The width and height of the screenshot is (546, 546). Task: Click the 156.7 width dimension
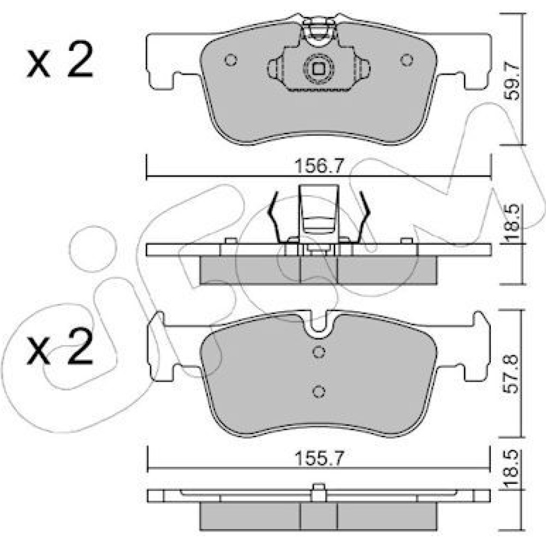[319, 166]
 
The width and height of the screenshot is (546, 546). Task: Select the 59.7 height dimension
[512, 81]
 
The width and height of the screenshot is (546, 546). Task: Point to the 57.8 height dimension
[512, 375]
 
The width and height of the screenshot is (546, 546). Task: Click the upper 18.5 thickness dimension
[512, 223]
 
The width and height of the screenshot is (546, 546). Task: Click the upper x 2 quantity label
[60, 60]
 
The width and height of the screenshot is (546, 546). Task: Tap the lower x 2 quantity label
[60, 347]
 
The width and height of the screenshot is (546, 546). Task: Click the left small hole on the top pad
[231, 60]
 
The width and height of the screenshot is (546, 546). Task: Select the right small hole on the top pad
[407, 60]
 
